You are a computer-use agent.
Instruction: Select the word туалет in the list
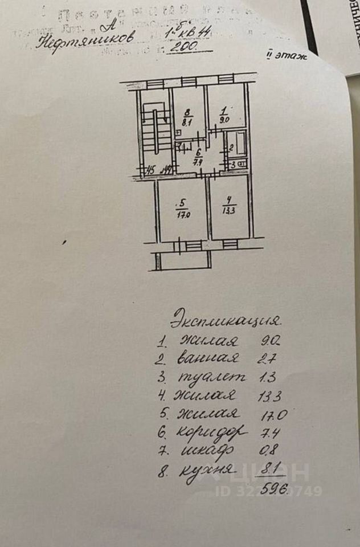click(212, 377)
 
